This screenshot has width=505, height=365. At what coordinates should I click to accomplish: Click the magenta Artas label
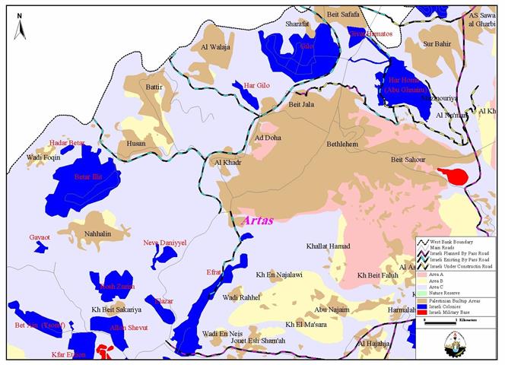coord(256,220)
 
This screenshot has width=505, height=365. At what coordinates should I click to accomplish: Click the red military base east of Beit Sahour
coord(456,176)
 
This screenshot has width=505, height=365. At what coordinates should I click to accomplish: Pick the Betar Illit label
coord(86,177)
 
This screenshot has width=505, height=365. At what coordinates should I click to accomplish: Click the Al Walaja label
coord(215,47)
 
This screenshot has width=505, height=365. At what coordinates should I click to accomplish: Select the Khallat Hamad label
coord(328,246)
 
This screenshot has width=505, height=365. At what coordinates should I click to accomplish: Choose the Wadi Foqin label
coord(43,157)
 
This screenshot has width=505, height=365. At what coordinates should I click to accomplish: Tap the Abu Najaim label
coord(332,309)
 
